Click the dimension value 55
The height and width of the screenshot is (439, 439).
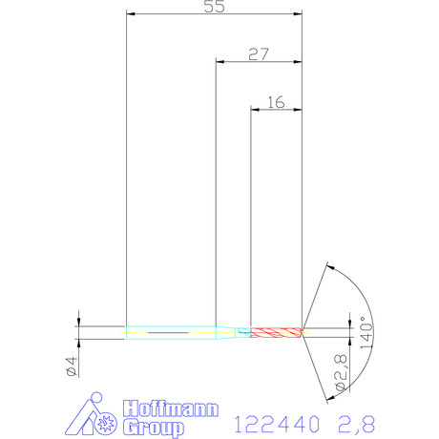214,7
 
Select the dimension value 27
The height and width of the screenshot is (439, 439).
259,54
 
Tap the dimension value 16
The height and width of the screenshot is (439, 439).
276,102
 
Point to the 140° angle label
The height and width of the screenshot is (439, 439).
366,333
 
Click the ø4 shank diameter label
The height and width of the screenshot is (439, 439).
72,366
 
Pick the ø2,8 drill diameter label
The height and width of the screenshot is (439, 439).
341,372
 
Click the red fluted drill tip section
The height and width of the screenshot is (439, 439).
276,333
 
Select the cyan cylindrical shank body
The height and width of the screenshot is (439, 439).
171,333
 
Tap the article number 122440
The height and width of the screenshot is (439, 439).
277,424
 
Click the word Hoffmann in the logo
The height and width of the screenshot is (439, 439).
171,408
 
